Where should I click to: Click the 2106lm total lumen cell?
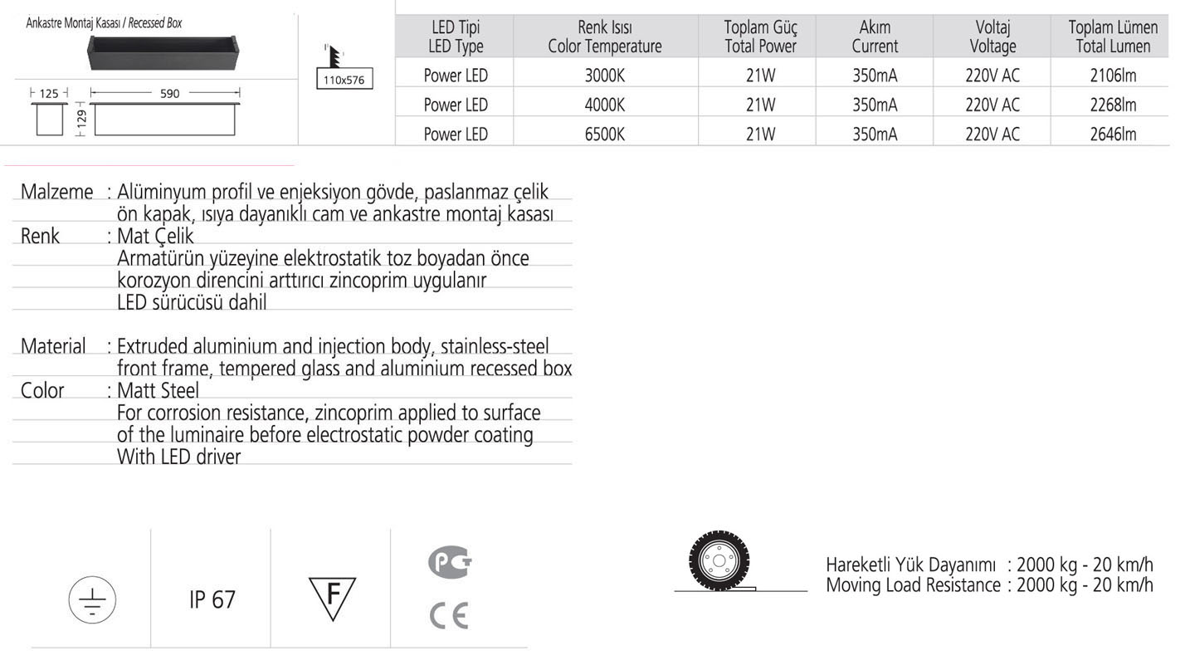coord(1113,76)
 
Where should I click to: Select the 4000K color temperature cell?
coord(604,105)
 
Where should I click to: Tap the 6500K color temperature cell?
coord(604,134)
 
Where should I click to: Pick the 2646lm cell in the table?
coord(1113,134)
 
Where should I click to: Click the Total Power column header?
coord(760,37)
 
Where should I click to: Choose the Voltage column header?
coord(992,37)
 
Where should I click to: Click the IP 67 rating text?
coord(212,599)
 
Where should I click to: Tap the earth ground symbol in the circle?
coord(92,599)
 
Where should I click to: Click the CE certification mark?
coord(449,615)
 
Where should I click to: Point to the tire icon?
coord(718,559)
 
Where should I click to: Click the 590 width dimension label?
coord(169,94)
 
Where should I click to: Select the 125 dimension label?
coord(50,94)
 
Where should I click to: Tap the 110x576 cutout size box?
coord(345,81)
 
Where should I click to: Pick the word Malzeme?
coord(56,192)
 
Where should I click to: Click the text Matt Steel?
coord(158,390)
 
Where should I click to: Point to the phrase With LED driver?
coord(178,457)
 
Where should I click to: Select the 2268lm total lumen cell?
coord(1113,105)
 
